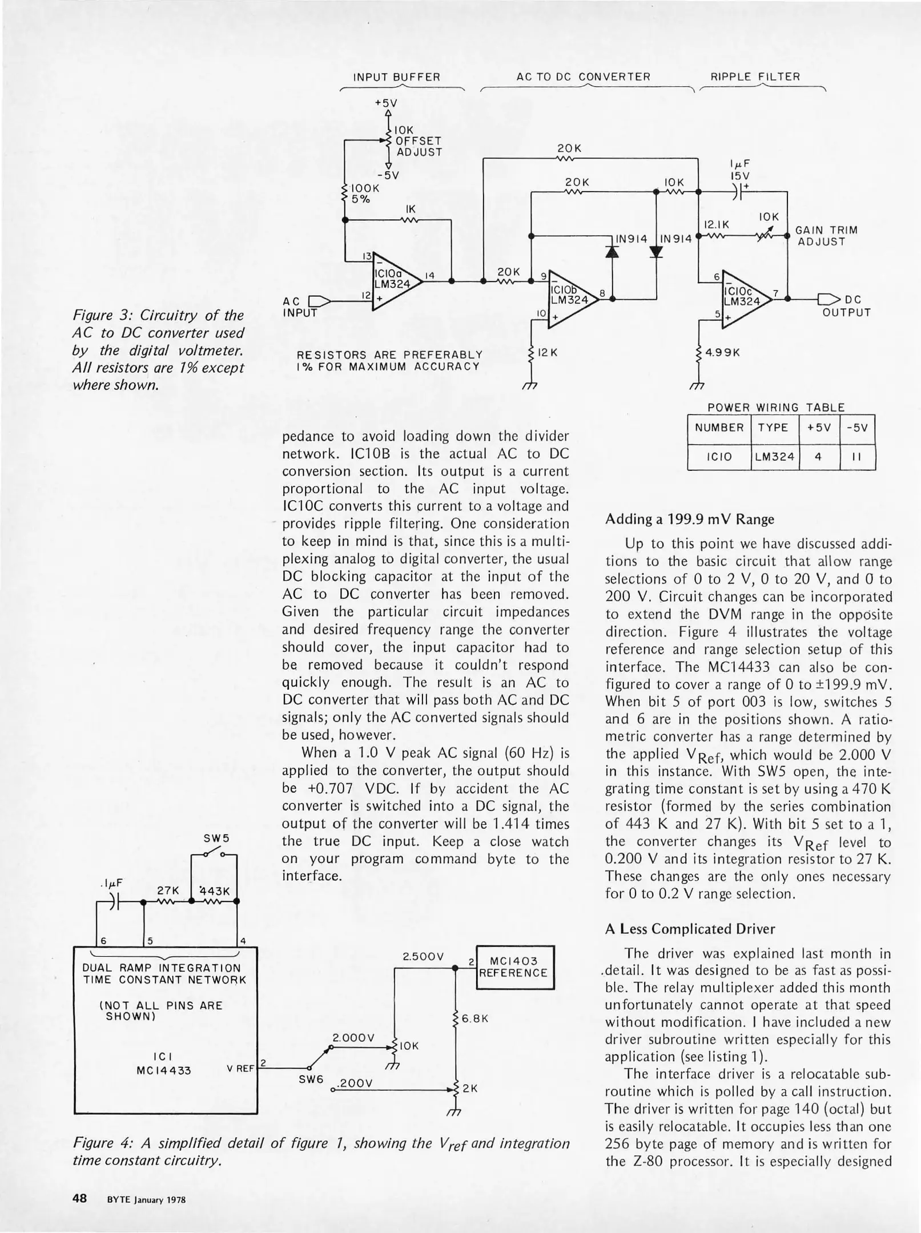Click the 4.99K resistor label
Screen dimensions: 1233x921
(723, 352)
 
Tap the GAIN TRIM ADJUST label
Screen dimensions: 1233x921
(826, 236)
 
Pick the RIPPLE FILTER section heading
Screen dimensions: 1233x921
(755, 76)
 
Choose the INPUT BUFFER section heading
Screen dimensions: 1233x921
(397, 76)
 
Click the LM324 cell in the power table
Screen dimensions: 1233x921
(774, 457)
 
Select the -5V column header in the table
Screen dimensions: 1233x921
(857, 427)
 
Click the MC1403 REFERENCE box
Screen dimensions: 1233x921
(514, 967)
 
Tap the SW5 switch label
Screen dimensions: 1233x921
(216, 839)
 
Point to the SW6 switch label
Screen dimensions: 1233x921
(311, 1079)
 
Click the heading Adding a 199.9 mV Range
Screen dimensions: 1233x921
(689, 519)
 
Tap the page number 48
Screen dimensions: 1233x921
(79, 1198)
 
